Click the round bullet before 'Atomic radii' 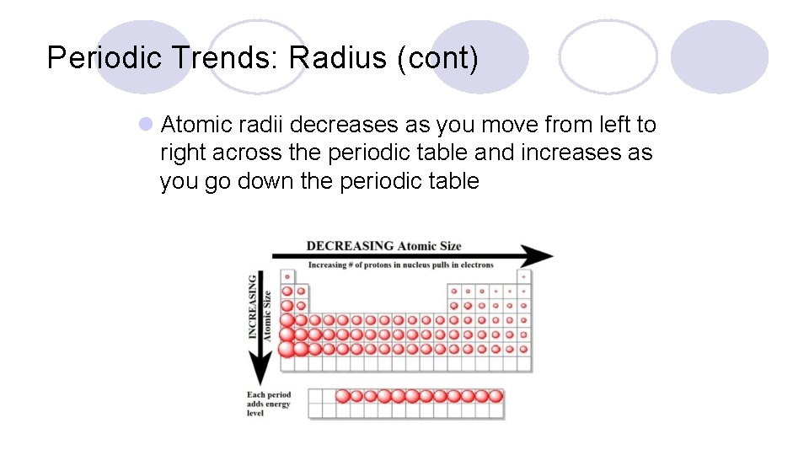click(146, 125)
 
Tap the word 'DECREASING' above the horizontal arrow click(350, 246)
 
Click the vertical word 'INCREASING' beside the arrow click(253, 305)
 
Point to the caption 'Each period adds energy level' click(269, 404)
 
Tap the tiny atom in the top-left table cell click(287, 276)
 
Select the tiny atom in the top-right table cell click(523, 276)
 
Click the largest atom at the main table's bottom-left click(287, 348)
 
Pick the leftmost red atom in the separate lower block click(343, 396)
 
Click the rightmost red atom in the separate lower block click(496, 396)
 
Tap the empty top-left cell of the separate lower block click(316, 396)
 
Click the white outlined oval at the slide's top click(608, 56)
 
